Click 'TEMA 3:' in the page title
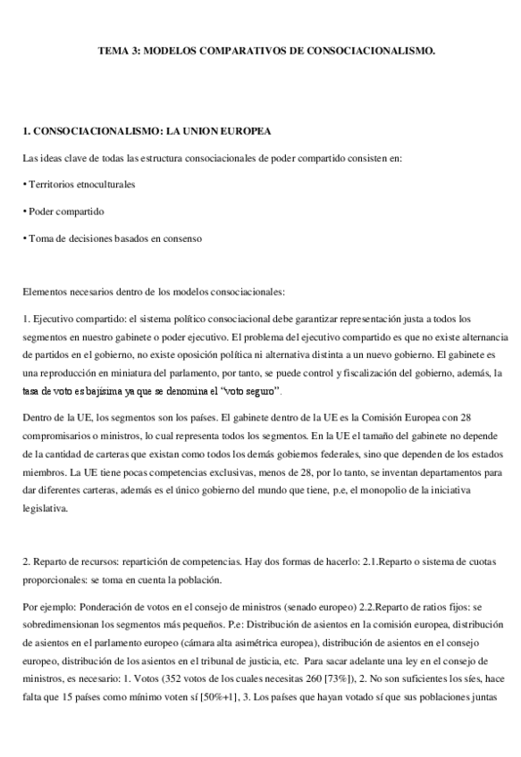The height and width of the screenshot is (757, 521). click(118, 53)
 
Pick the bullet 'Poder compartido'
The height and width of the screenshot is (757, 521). click(63, 212)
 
